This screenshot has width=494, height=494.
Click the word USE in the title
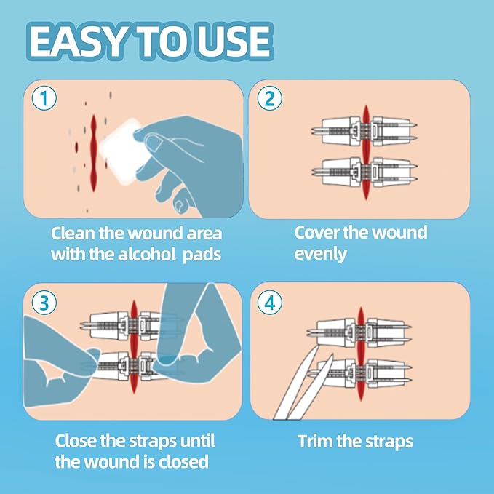click(x=234, y=43)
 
